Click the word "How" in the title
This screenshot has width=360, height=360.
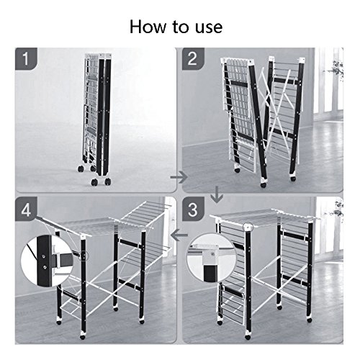click(148, 27)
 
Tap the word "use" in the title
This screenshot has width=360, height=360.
click(209, 28)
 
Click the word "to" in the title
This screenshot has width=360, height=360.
click(181, 27)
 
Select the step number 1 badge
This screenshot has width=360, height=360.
click(26, 59)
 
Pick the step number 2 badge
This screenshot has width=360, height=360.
click(193, 59)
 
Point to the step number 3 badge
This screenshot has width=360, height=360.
click(193, 210)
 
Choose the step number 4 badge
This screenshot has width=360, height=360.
click(26, 210)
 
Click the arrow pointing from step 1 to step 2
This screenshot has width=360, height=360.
click(179, 178)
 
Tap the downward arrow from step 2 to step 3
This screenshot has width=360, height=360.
click(217, 194)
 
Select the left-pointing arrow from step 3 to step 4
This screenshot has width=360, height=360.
click(179, 235)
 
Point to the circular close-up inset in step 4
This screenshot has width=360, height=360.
click(46, 261)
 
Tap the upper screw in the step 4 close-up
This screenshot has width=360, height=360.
click(44, 256)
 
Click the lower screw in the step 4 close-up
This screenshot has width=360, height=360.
click(45, 267)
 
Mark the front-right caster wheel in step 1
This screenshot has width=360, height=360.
click(107, 181)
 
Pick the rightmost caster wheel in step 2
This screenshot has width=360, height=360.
click(293, 179)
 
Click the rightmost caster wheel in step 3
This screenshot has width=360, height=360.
click(309, 320)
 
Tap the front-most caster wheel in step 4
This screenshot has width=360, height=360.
click(83, 337)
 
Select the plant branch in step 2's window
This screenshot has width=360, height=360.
click(336, 68)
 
